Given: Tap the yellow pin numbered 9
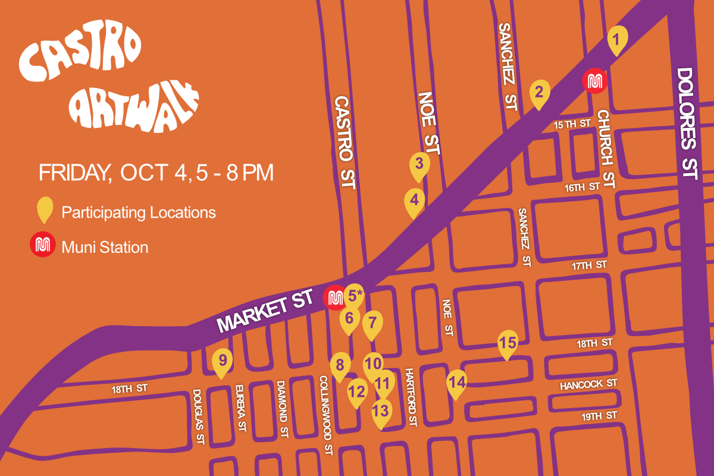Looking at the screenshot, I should (x=223, y=361).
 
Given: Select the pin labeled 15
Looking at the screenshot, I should (x=508, y=343).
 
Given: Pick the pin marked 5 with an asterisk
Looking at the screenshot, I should (x=354, y=295).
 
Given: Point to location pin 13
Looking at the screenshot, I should (x=381, y=411).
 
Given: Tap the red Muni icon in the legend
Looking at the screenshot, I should (x=42, y=246).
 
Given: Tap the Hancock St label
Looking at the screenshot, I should (x=588, y=385).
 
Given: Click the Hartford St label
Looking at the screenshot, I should (x=411, y=397).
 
